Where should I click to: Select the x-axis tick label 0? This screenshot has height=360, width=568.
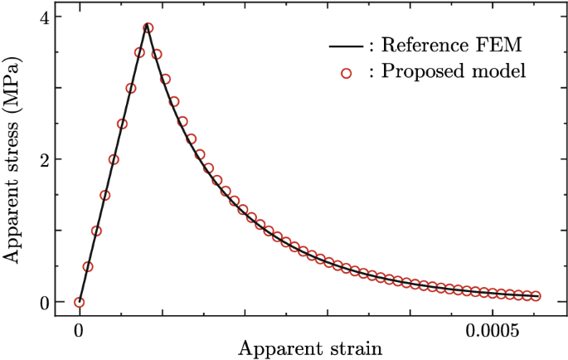(79, 329)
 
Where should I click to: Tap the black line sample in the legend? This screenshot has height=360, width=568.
(343, 47)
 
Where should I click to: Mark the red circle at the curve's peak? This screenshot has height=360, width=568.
(148, 27)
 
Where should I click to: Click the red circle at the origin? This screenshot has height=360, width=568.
(79, 303)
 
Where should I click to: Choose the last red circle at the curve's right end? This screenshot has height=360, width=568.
(536, 296)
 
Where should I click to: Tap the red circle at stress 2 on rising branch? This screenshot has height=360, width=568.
(114, 159)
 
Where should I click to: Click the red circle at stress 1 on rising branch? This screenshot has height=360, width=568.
(96, 231)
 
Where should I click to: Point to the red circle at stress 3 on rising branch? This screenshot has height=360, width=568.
(131, 88)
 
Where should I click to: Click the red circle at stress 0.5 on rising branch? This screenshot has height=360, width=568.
(88, 266)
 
